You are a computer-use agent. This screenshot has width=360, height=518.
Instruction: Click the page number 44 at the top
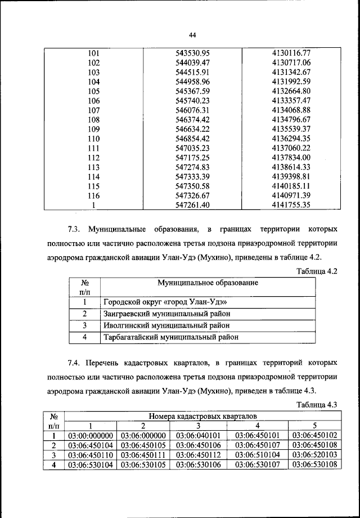tap(192, 35)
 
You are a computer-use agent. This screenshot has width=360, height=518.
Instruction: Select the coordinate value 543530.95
tap(192, 54)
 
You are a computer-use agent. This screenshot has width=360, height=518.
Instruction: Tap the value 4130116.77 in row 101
tap(291, 54)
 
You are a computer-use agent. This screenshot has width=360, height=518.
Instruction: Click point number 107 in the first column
tap(94, 110)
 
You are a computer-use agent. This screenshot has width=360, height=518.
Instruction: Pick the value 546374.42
tap(192, 119)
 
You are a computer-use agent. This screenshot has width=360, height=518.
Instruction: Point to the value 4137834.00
tap(291, 158)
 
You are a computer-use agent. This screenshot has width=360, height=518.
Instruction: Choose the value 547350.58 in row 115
tap(192, 186)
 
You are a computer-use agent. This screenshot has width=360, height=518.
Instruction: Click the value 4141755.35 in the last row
tap(291, 206)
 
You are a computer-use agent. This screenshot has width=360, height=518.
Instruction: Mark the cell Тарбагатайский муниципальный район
tap(170, 337)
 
